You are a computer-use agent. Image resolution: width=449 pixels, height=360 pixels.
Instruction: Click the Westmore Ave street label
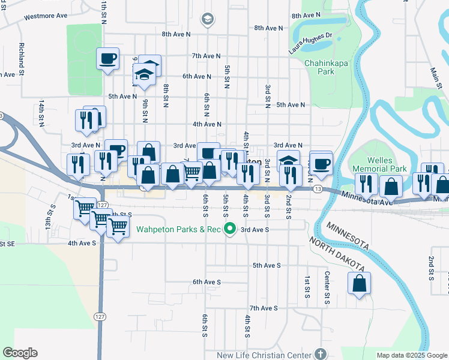(x=46, y=17)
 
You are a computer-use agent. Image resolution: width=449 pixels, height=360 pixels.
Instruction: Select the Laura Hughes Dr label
(x=310, y=43)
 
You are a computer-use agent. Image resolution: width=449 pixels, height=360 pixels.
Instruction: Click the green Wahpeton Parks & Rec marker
(x=229, y=229)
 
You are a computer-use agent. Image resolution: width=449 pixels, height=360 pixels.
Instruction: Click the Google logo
(x=20, y=353)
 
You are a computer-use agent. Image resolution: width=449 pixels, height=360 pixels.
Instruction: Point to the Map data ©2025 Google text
(x=411, y=355)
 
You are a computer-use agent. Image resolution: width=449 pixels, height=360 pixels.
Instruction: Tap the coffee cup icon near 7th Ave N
(x=107, y=59)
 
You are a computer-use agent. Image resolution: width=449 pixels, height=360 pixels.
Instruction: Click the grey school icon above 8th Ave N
(x=208, y=20)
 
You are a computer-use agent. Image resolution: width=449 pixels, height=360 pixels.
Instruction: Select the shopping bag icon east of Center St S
(x=359, y=284)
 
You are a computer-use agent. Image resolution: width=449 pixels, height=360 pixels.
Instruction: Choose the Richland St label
(x=21, y=55)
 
